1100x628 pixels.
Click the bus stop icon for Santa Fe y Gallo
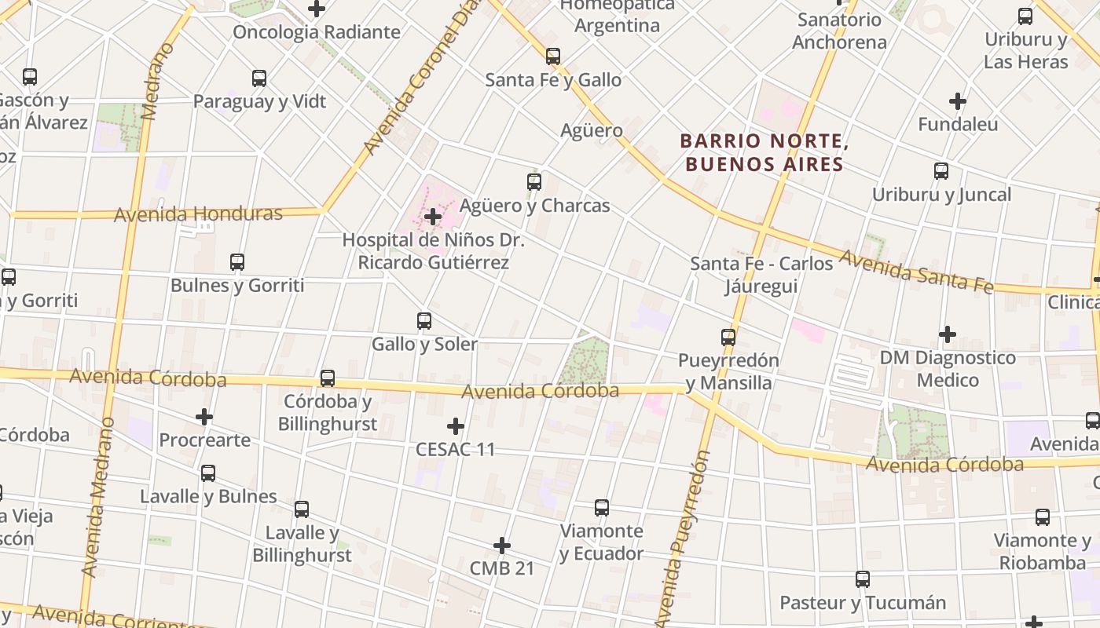pos(553,57)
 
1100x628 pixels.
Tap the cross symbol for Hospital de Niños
pos(433,217)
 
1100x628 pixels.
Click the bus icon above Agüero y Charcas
pos(534,182)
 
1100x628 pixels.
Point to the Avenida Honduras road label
pos(198,214)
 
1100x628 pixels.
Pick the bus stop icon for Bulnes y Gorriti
pos(237,262)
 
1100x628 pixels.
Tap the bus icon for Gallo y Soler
pos(424,321)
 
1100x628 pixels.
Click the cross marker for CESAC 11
pos(456,426)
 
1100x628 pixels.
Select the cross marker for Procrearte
pos(204,417)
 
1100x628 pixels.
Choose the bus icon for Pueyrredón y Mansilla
pos(729,338)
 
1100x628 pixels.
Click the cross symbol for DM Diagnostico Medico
pos(948,334)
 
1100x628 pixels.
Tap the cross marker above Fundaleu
pos(958,101)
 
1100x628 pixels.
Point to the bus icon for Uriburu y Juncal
pos(941,171)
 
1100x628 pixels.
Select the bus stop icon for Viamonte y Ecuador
pos(602,508)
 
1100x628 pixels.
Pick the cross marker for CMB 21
pos(502,546)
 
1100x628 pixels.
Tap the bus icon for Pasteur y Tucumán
pos(863,580)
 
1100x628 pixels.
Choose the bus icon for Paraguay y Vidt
pos(259,78)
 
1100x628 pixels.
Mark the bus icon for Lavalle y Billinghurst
pos(302,509)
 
